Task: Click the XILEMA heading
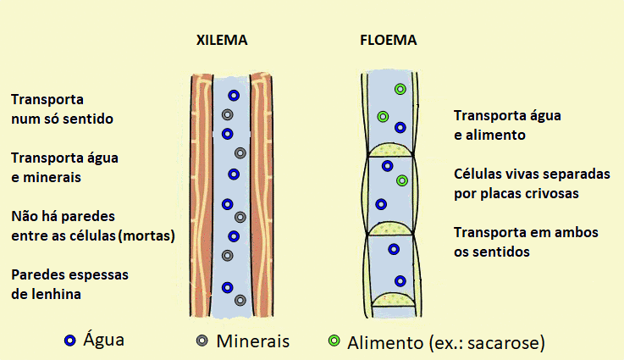click(222, 40)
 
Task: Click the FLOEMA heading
click(389, 40)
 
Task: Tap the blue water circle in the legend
click(70, 341)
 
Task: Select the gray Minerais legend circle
click(202, 341)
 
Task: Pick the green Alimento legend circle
click(334, 341)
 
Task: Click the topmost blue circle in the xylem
click(234, 96)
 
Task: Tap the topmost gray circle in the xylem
click(227, 114)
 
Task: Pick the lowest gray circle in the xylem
click(240, 300)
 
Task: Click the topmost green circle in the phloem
click(400, 89)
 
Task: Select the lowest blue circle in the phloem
click(400, 281)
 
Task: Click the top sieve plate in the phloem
click(390, 150)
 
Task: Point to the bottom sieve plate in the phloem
click(394, 300)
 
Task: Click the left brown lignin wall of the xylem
click(202, 195)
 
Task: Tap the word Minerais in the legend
click(252, 341)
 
